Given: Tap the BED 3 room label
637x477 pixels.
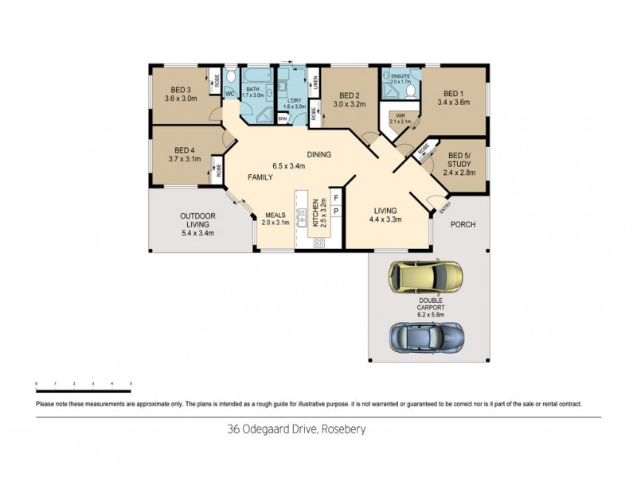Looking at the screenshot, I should tap(181, 90).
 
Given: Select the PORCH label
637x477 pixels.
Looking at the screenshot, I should tap(463, 225).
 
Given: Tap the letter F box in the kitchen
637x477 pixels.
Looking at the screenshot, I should tap(336, 196).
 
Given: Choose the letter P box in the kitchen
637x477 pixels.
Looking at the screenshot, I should tap(336, 211).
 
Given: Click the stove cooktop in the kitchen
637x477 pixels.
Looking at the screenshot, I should tap(318, 242).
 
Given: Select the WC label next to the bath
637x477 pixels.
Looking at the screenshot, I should tap(229, 94).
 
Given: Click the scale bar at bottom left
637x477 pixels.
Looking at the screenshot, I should tap(84, 384).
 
